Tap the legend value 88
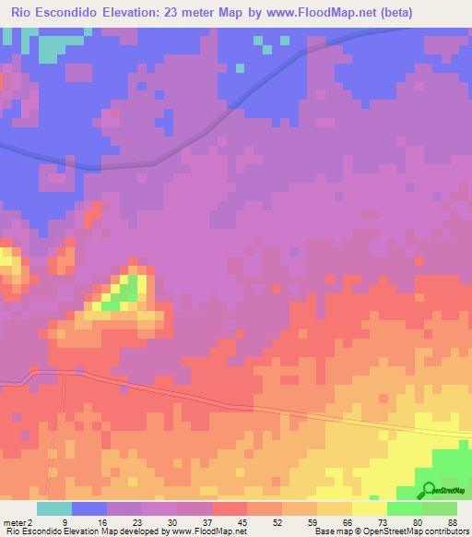[x=453, y=522]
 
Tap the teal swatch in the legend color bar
[x=54, y=508]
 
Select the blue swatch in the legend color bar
[x=89, y=508]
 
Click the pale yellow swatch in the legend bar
[x=370, y=508]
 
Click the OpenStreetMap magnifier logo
[x=428, y=491]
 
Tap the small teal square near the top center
[x=241, y=67]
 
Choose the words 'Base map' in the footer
[x=330, y=531]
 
